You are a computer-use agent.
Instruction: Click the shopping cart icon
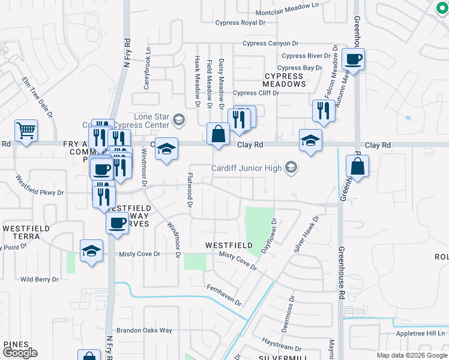(x=26, y=130)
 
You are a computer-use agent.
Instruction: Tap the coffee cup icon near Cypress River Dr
(x=353, y=59)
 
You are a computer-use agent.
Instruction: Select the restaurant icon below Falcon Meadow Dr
(x=324, y=110)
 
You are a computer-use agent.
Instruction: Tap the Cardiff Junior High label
(x=247, y=167)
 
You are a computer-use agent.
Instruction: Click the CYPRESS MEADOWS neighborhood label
(x=285, y=80)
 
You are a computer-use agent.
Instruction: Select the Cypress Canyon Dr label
(x=270, y=43)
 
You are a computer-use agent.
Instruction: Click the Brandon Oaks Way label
(x=144, y=331)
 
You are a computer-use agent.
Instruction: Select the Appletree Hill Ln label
(x=421, y=334)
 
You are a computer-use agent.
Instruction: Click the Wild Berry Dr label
(x=40, y=279)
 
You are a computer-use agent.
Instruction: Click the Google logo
(x=20, y=353)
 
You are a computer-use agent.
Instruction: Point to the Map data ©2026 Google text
(x=411, y=355)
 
